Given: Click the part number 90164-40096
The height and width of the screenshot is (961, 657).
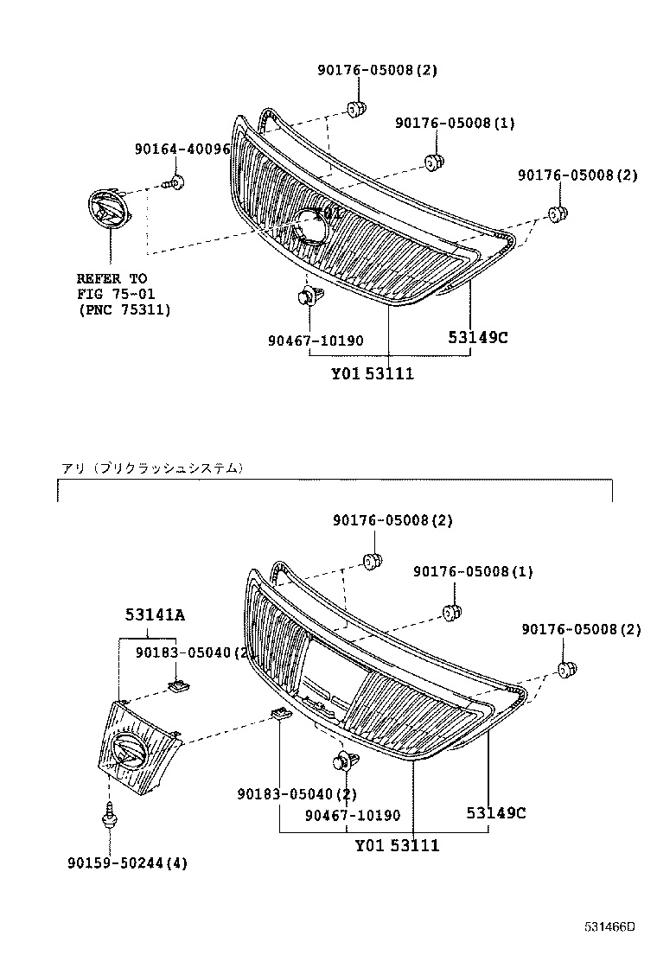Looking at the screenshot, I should click(x=182, y=149).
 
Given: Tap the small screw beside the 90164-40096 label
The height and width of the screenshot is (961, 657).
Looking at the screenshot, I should click(x=175, y=182).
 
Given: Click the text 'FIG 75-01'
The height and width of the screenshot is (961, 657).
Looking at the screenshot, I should click(x=112, y=294).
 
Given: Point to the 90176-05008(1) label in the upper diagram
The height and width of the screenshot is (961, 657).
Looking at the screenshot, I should click(x=455, y=123).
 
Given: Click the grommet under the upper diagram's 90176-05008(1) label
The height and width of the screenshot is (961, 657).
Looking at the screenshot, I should click(x=435, y=161).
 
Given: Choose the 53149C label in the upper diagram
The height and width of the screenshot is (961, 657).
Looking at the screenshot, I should click(x=477, y=337).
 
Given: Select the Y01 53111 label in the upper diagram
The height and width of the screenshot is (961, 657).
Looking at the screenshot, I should click(x=373, y=373).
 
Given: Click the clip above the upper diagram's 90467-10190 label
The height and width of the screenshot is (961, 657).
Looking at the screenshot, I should click(x=305, y=297).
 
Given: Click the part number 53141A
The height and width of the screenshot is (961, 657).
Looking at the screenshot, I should click(x=155, y=614).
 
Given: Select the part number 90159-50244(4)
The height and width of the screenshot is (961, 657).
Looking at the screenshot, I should click(x=127, y=863).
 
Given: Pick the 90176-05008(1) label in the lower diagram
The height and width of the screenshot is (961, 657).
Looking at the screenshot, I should click(x=473, y=571).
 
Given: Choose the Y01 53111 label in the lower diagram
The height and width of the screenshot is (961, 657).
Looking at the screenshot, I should click(x=397, y=845).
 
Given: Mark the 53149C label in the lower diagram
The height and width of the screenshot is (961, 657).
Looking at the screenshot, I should click(x=496, y=812).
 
